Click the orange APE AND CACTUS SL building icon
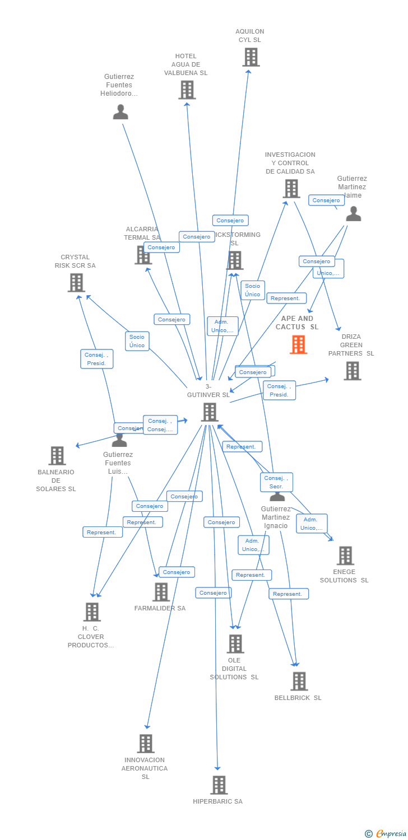tap(298, 344)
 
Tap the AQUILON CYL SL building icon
tap(251, 57)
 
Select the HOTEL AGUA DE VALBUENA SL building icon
tap(187, 90)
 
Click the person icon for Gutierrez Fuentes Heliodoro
tap(120, 112)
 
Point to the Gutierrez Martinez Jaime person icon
tap(353, 213)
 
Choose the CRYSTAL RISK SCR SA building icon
tap(76, 283)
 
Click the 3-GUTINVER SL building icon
tap(210, 412)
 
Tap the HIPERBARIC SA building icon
tap(219, 785)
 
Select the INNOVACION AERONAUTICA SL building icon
tap(146, 744)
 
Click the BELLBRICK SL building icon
tap(299, 681)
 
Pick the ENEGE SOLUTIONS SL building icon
tap(345, 556)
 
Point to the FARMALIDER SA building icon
tap(161, 592)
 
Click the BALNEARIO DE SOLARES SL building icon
tap(57, 456)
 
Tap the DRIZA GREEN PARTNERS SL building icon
tap(352, 371)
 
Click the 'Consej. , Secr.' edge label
tap(276, 482)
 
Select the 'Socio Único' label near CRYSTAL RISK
tap(137, 340)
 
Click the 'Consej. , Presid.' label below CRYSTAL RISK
tap(97, 359)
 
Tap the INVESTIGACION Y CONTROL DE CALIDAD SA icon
tap(291, 189)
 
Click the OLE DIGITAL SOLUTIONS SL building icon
tap(235, 644)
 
